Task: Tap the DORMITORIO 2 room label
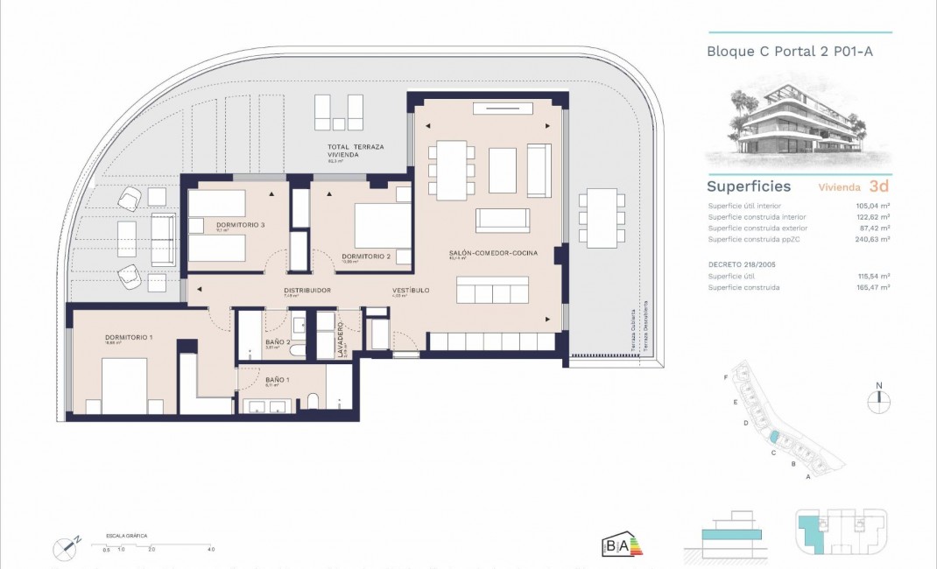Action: pyautogui.click(x=365, y=256)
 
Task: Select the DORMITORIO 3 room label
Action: pyautogui.click(x=240, y=225)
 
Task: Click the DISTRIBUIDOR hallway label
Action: pyautogui.click(x=306, y=290)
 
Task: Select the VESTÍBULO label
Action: pyautogui.click(x=410, y=290)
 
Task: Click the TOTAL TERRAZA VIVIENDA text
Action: pyautogui.click(x=356, y=151)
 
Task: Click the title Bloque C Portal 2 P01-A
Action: pyautogui.click(x=789, y=52)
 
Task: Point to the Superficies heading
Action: pyautogui.click(x=749, y=186)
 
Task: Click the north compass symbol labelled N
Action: pyautogui.click(x=878, y=400)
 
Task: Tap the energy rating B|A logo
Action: pyautogui.click(x=617, y=545)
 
